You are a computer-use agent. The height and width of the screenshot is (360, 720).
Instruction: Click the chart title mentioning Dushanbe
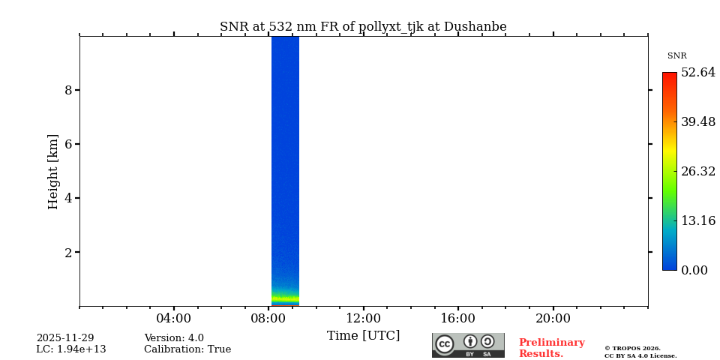363,27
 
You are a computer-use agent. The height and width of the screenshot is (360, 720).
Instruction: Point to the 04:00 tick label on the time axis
173,318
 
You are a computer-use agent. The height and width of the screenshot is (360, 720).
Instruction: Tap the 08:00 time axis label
268,318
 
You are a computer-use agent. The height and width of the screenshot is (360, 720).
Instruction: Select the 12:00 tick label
363,318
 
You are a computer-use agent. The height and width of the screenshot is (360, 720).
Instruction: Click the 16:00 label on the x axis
457,318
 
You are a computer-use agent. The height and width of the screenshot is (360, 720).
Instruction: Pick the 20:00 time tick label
553,318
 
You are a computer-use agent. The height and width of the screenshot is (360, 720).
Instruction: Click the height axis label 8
68,90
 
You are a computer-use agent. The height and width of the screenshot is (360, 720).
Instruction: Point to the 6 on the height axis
68,144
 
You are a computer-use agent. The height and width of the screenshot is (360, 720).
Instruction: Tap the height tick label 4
68,198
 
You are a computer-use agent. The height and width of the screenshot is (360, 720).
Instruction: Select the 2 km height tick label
68,252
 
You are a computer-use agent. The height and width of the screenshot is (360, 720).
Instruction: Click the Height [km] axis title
53,171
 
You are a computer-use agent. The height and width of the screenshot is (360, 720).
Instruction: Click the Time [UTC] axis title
363,335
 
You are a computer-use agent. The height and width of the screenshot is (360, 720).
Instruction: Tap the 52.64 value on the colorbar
697,73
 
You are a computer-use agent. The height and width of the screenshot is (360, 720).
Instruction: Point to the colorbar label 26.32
697,171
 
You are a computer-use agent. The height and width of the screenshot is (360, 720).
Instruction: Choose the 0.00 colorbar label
694,270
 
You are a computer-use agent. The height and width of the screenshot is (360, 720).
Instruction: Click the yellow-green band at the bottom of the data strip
285,298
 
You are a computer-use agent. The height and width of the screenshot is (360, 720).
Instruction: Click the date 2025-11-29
65,338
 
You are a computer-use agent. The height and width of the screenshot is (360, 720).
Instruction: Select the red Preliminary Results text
551,348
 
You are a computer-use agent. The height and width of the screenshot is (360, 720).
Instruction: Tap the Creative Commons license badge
468,345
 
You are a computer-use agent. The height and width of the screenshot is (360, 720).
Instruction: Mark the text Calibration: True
187,349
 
